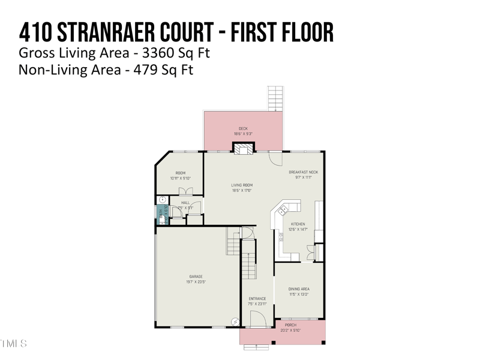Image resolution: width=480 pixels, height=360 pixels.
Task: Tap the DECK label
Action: pyautogui.click(x=243, y=128)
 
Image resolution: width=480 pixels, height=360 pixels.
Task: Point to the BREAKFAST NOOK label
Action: pyautogui.click(x=303, y=172)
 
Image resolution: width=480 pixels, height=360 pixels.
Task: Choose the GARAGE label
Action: pyautogui.click(x=196, y=277)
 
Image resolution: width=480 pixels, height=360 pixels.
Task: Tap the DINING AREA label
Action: pyautogui.click(x=299, y=289)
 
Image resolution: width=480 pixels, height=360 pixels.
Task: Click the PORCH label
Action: pyautogui.click(x=290, y=325)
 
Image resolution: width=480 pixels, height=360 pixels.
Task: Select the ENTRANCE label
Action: pyautogui.click(x=257, y=299)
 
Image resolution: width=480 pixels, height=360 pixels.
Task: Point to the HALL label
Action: pyautogui.click(x=185, y=203)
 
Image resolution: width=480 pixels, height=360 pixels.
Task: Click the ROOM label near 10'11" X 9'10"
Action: pyautogui.click(x=180, y=173)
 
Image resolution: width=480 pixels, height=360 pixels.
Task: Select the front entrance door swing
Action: pyautogui.click(x=257, y=319)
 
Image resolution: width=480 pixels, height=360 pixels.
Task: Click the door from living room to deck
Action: pyautogui.click(x=275, y=157)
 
